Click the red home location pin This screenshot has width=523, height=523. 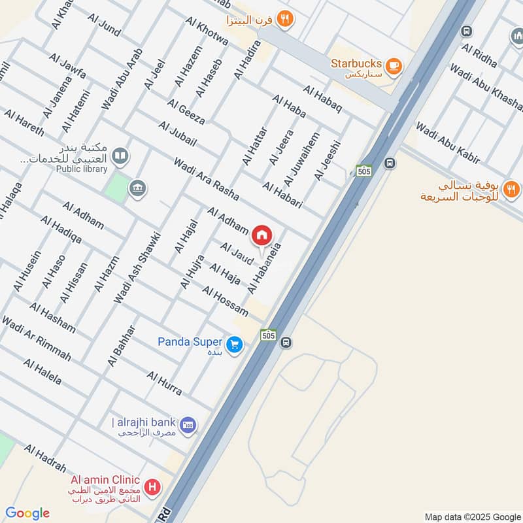262,235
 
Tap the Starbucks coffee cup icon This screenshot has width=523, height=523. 393,65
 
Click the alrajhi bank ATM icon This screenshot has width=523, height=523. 188,425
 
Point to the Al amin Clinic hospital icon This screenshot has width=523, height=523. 152,487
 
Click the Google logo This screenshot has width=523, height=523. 27,513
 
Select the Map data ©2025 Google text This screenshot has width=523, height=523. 471,516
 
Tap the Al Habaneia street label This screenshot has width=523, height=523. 265,268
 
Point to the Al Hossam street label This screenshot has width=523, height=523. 225,301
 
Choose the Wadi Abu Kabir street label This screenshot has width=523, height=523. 448,143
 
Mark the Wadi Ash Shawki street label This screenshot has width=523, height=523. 137,268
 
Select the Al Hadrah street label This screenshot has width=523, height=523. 45,458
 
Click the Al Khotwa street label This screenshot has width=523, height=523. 207,31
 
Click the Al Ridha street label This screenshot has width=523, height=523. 479,56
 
